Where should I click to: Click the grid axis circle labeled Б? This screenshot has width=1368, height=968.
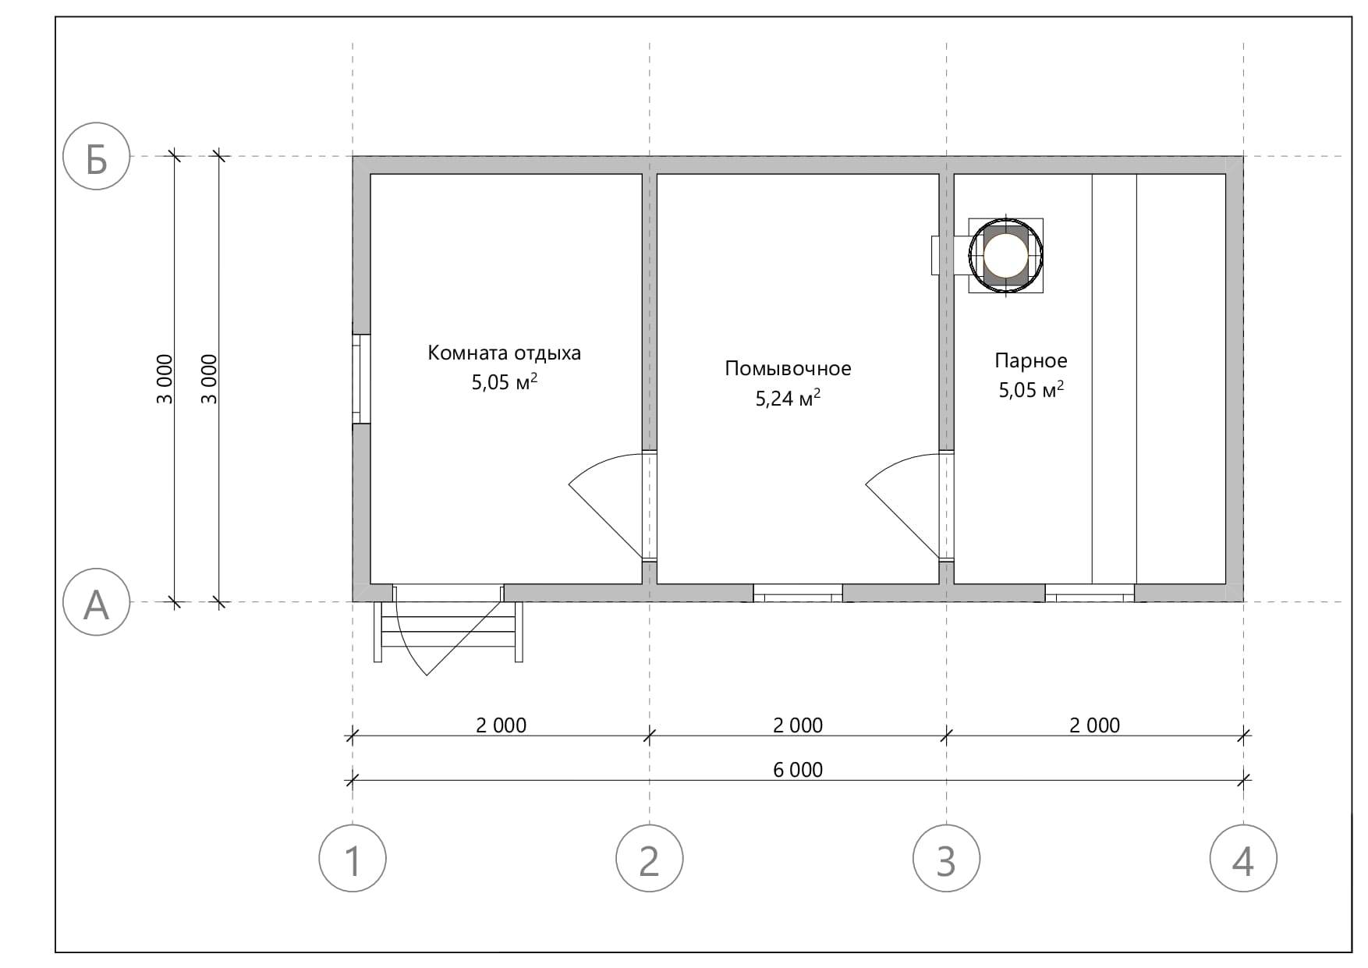click(96, 157)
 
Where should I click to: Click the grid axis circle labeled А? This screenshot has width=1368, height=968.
click(96, 602)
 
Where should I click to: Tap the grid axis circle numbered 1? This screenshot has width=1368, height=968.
click(353, 859)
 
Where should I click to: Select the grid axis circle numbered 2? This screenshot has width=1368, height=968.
click(650, 859)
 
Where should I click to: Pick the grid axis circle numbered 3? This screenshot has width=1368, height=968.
click(946, 859)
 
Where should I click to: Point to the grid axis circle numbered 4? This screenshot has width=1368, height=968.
click(1243, 859)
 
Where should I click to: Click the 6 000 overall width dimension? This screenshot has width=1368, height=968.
click(798, 770)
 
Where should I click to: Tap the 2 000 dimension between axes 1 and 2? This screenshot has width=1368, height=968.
click(501, 725)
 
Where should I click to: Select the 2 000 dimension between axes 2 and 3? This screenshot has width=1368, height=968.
click(798, 725)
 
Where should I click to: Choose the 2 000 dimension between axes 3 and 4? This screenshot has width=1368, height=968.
click(1095, 725)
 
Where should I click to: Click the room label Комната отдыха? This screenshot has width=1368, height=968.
click(504, 353)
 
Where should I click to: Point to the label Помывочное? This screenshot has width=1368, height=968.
click(788, 368)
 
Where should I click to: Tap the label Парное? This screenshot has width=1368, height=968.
click(1031, 360)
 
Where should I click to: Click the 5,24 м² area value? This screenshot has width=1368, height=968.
click(788, 398)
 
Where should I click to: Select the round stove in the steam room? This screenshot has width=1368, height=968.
click(1006, 254)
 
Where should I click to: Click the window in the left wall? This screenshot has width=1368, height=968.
click(361, 379)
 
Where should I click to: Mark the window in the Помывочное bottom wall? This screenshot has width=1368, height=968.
click(798, 593)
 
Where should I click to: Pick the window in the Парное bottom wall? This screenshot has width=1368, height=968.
click(1090, 593)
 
